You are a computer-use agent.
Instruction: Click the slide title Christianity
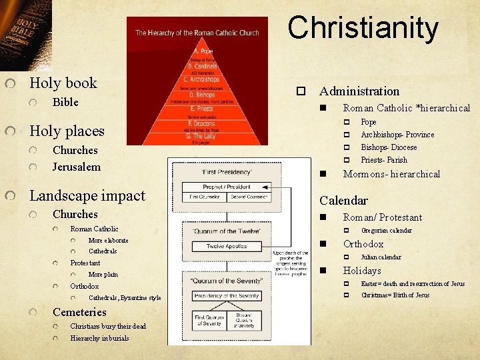click(363, 28)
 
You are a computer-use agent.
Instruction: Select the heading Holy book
click(63, 83)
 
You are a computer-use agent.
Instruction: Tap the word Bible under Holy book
click(65, 102)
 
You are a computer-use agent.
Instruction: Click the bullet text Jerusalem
click(76, 167)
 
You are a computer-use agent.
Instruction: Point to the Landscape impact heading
click(87, 196)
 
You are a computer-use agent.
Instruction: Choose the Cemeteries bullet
click(79, 312)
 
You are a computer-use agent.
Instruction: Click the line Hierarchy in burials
click(99, 338)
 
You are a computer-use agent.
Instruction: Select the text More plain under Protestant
click(103, 275)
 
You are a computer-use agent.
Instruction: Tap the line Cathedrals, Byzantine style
click(125, 298)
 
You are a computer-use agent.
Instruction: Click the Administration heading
click(359, 91)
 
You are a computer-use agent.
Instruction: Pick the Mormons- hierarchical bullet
click(391, 174)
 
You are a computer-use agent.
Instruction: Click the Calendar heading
click(343, 200)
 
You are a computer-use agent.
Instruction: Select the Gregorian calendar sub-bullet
click(386, 231)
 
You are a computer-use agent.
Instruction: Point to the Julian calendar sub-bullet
click(381, 257)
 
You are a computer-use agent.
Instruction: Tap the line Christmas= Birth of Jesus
click(395, 295)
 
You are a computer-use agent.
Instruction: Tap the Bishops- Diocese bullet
click(389, 147)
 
